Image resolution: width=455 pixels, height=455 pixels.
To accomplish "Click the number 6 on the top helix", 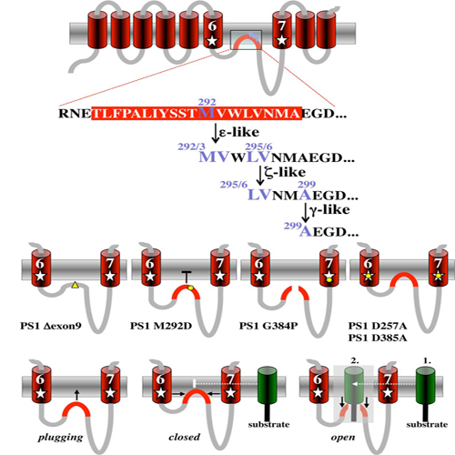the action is (x=212, y=26).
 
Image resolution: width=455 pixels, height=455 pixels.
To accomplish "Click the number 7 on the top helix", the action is (x=282, y=26).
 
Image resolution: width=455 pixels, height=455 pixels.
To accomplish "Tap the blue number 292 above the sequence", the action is (x=207, y=102).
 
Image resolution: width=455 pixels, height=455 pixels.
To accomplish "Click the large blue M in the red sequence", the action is (x=207, y=113).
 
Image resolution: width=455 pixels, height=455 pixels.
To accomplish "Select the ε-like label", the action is (x=239, y=132).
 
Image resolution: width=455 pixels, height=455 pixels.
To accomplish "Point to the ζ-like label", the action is (x=285, y=173).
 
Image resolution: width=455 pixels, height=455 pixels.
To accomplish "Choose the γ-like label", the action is (x=329, y=210).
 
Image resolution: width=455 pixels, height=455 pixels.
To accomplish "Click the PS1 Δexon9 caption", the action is (x=51, y=326).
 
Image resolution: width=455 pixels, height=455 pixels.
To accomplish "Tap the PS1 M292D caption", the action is (x=161, y=326).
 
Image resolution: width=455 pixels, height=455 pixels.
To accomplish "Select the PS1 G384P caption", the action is (x=268, y=326).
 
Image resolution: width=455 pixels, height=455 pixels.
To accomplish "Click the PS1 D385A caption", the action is (x=378, y=338).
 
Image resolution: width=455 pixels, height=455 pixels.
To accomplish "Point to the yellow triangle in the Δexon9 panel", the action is (x=75, y=285).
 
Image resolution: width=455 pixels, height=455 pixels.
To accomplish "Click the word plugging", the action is (x=60, y=438).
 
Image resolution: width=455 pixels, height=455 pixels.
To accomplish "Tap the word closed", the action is (x=185, y=437).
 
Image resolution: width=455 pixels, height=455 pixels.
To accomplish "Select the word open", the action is (x=343, y=438).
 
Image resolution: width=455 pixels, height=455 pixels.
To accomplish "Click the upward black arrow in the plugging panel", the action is (x=76, y=395).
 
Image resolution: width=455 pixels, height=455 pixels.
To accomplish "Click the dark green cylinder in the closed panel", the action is (x=267, y=386).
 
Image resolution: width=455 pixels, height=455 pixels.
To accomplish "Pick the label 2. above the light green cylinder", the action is (x=355, y=360).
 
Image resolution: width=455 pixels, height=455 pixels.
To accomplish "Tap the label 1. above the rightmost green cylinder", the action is (x=427, y=360).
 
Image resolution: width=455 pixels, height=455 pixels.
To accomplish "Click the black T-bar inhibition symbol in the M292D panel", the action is (x=187, y=278).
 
